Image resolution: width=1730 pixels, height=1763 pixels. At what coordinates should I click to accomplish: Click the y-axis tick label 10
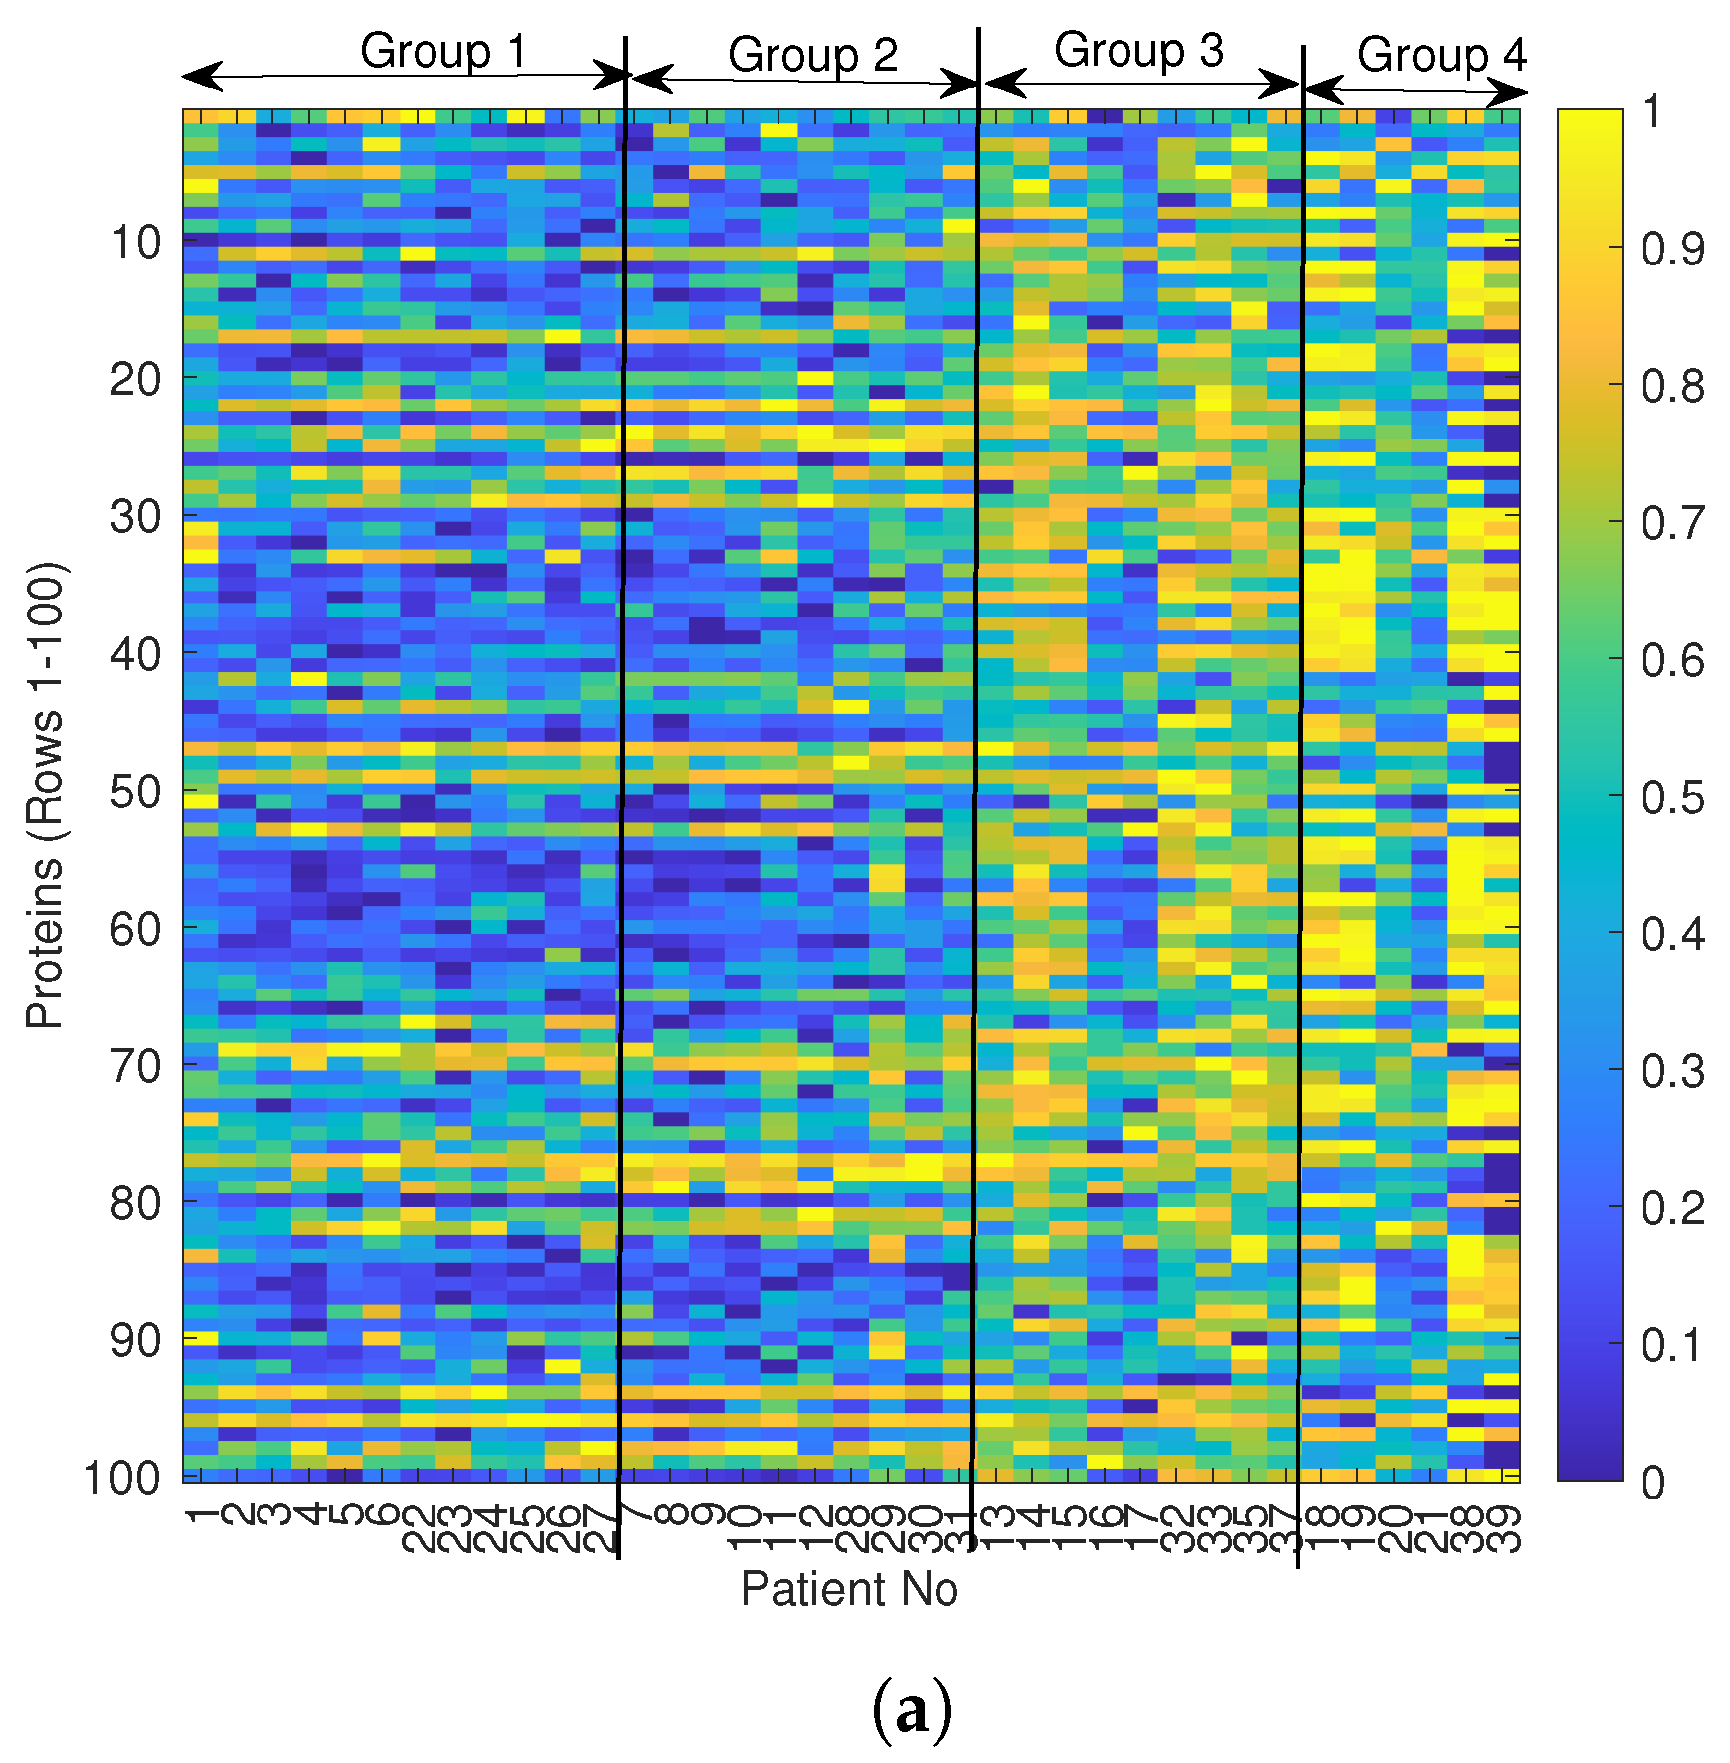point(135,242)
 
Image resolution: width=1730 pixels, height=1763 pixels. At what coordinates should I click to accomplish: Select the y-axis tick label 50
point(135,793)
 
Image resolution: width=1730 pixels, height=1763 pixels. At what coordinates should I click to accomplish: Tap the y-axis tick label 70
point(135,1067)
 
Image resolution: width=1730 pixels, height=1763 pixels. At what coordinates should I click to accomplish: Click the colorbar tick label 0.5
point(1672,797)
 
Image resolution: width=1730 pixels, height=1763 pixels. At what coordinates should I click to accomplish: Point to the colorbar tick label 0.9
point(1672,249)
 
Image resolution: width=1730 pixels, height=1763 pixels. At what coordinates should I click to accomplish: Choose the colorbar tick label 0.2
point(1672,1208)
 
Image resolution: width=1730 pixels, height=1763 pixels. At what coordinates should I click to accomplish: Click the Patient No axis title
point(848,1589)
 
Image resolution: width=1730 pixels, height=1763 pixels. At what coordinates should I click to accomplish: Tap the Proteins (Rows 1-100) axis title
point(46,795)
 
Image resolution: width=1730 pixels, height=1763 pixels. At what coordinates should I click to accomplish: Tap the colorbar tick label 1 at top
point(1652,111)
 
